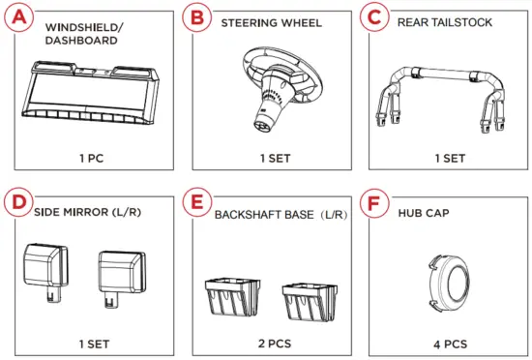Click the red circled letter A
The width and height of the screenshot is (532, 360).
(x=19, y=17)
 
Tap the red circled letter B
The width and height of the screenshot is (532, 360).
(x=197, y=17)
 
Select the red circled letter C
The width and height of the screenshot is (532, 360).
(x=373, y=17)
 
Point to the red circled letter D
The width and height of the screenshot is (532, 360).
(x=17, y=205)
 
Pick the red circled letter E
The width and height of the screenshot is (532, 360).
(x=197, y=205)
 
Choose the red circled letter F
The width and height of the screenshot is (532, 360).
(x=373, y=205)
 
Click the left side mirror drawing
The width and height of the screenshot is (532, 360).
(x=45, y=265)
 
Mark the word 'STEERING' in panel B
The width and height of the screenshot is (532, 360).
(x=247, y=20)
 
